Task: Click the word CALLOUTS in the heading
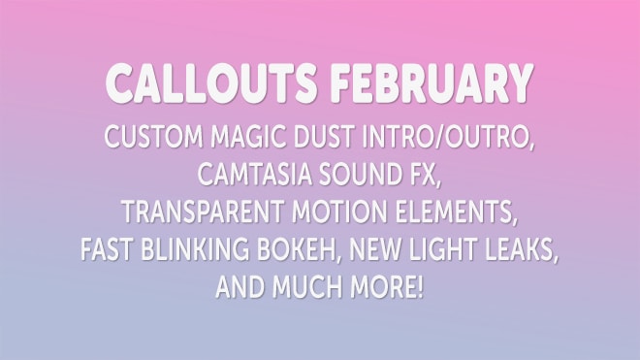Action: pyautogui.click(x=211, y=82)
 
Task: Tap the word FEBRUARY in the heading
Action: pyautogui.click(x=432, y=82)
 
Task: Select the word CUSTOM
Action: pyautogui.click(x=154, y=137)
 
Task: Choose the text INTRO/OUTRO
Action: pyautogui.click(x=448, y=138)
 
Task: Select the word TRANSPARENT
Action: pyautogui.click(x=203, y=212)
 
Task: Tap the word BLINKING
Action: pyautogui.click(x=195, y=248)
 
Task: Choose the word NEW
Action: pyautogui.click(x=374, y=248)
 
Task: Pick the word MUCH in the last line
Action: pyautogui.click(x=306, y=286)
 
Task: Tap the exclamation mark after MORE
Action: pyautogui.click(x=421, y=286)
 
